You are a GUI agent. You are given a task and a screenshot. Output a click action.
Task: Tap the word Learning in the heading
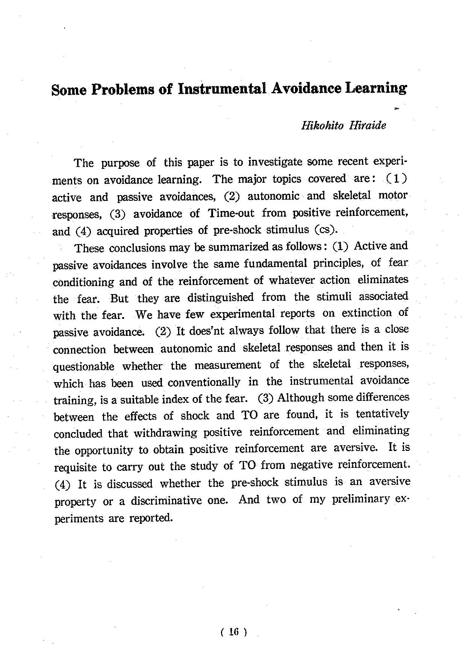click(376, 88)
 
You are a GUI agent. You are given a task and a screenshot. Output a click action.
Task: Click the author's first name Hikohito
click(322, 126)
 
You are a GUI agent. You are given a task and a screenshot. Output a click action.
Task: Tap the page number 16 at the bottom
click(233, 632)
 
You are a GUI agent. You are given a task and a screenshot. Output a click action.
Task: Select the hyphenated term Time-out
click(231, 213)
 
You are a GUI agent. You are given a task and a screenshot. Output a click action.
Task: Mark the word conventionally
click(204, 382)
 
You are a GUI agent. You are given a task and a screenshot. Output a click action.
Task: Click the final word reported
click(151, 518)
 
